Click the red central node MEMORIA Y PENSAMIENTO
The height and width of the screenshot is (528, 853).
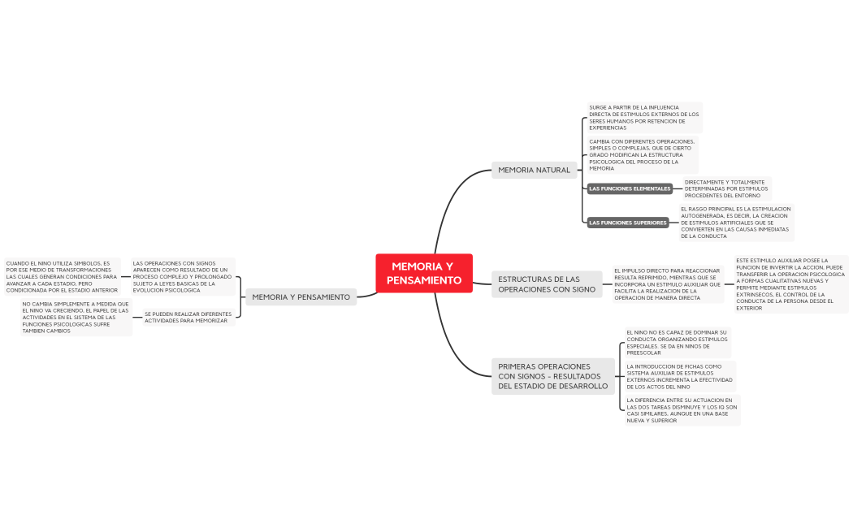(x=424, y=273)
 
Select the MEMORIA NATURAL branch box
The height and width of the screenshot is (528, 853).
(x=534, y=170)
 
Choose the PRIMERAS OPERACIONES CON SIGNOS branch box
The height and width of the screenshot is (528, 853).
(x=552, y=376)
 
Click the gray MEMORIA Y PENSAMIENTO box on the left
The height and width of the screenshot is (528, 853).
(x=301, y=297)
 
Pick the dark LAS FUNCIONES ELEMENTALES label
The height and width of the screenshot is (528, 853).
(x=630, y=188)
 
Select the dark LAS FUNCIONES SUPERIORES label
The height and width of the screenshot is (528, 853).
(x=628, y=223)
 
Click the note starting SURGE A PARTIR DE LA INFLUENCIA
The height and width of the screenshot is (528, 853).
(x=643, y=117)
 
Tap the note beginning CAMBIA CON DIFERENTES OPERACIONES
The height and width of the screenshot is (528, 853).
(x=642, y=154)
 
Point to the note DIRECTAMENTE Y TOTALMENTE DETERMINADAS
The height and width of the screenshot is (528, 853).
(x=725, y=188)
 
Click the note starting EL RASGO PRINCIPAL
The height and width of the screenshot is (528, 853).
(x=735, y=223)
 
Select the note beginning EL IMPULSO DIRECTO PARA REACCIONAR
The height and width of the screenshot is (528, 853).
(x=667, y=284)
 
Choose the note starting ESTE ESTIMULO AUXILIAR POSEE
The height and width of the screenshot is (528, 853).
(x=790, y=284)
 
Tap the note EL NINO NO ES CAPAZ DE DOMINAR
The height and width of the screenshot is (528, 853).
(x=677, y=342)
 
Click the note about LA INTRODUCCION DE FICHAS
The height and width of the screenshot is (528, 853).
(x=679, y=377)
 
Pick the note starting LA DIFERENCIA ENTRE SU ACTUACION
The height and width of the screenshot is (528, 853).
(x=682, y=410)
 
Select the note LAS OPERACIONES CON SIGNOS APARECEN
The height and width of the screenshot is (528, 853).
(x=182, y=276)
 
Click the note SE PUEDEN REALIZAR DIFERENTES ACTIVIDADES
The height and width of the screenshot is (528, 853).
(x=187, y=317)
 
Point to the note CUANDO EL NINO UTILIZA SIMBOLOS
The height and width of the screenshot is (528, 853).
(x=62, y=276)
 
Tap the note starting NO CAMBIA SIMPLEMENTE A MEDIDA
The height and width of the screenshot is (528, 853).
(x=76, y=318)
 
